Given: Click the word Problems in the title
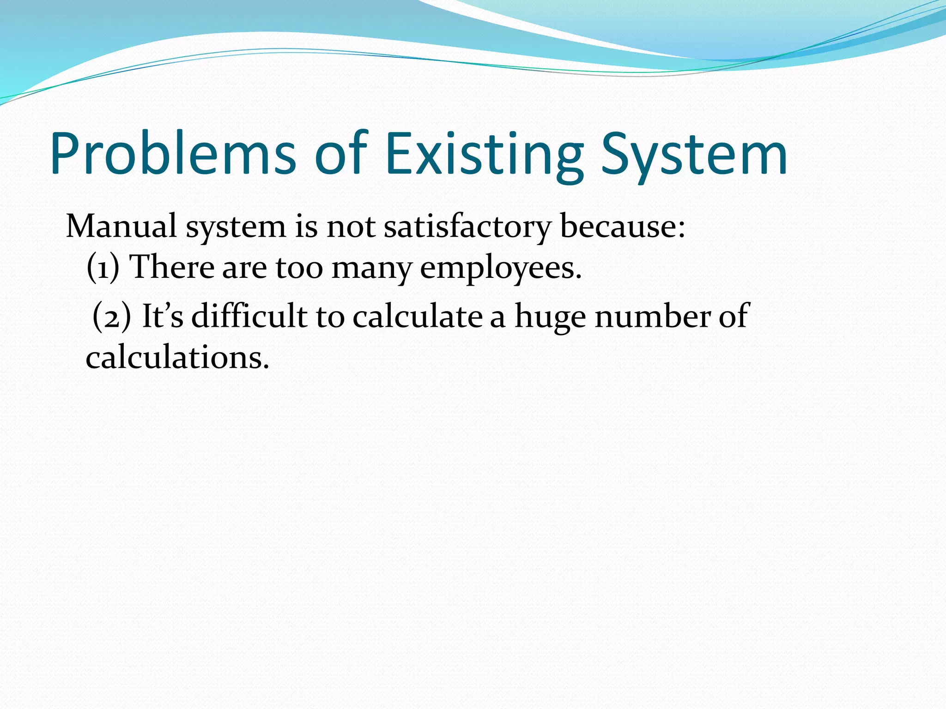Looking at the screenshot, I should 173,155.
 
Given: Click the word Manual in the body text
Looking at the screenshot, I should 121,227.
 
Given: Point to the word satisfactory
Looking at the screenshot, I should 467,227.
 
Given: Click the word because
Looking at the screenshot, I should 622,227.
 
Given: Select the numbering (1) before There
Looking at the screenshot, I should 103,268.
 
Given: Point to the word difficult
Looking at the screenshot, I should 249,317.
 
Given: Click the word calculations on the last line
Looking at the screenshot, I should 177,358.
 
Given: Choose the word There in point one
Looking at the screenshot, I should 171,268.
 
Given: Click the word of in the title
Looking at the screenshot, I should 340,155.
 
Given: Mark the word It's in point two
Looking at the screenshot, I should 163,317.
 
